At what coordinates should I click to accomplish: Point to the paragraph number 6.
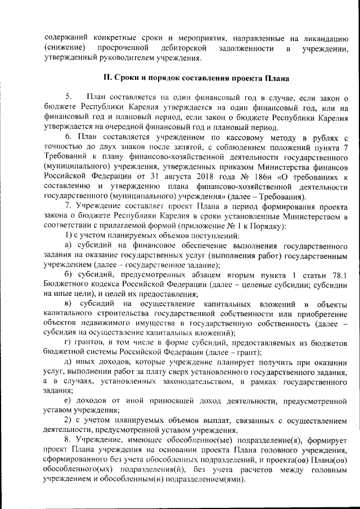point(68,137)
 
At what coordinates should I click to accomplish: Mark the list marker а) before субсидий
point(68,245)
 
